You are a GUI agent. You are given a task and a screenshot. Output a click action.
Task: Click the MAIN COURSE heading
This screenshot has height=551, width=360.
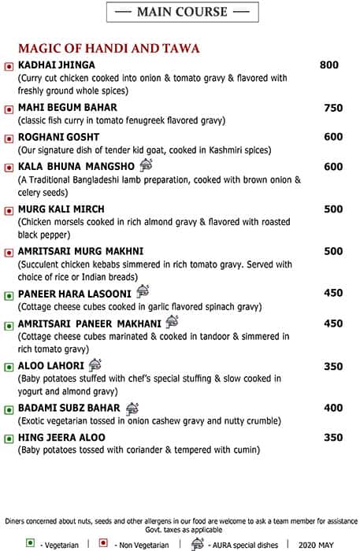181,12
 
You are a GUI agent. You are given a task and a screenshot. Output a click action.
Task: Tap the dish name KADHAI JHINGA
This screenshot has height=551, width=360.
56,65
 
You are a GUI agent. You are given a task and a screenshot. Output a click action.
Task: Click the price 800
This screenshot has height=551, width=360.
329,65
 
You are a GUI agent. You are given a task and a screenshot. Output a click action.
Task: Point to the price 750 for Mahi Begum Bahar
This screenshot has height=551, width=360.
333,108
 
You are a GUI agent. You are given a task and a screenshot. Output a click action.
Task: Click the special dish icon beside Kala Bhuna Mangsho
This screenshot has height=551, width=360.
146,165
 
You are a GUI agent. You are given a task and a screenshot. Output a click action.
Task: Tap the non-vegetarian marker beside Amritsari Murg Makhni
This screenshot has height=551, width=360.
9,253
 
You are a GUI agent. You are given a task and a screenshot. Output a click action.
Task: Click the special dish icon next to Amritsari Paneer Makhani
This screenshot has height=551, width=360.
172,322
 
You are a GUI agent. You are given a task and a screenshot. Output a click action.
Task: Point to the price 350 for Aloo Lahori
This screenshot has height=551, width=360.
333,366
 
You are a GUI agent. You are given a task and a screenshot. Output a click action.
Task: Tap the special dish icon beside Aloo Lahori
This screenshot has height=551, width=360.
95,364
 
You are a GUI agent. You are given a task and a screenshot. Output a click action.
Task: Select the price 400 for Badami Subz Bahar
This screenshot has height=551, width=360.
333,409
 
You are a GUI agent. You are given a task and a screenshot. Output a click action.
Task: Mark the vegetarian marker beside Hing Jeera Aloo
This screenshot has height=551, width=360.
9,438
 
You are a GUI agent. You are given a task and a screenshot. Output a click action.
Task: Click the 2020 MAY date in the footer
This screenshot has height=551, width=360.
314,544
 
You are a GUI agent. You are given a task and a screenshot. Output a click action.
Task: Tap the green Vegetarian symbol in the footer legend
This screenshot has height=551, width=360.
30,543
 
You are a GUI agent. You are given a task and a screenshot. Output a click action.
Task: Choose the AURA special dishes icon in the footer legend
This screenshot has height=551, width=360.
197,543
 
